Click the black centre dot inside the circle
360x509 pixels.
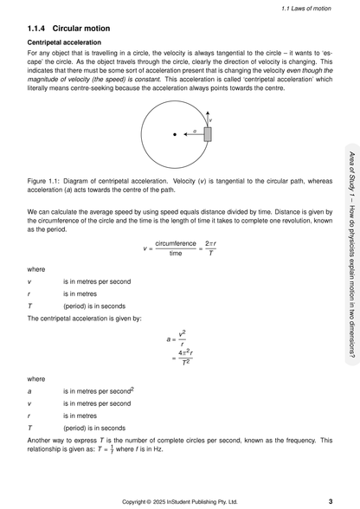click(x=175, y=134)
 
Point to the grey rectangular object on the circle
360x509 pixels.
click(x=208, y=134)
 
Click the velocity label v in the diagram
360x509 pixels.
click(x=210, y=120)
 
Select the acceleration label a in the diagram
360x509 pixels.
click(x=195, y=130)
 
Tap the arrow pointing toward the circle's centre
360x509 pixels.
click(x=193, y=134)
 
